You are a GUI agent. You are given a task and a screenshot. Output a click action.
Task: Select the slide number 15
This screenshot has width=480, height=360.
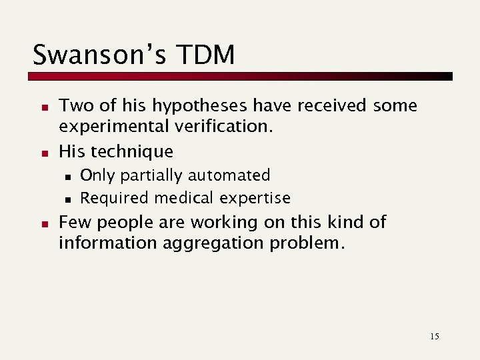tap(435, 336)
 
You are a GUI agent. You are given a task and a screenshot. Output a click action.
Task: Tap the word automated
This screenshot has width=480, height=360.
tap(229, 175)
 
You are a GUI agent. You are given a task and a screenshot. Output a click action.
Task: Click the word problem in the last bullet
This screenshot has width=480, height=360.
tap(307, 243)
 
